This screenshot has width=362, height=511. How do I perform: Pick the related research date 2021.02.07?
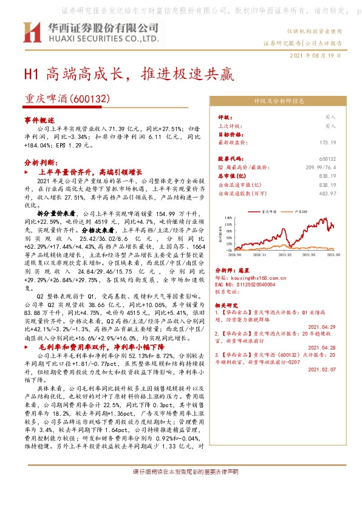pos(323,369)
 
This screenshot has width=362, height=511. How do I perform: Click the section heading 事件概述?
pos(40,120)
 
